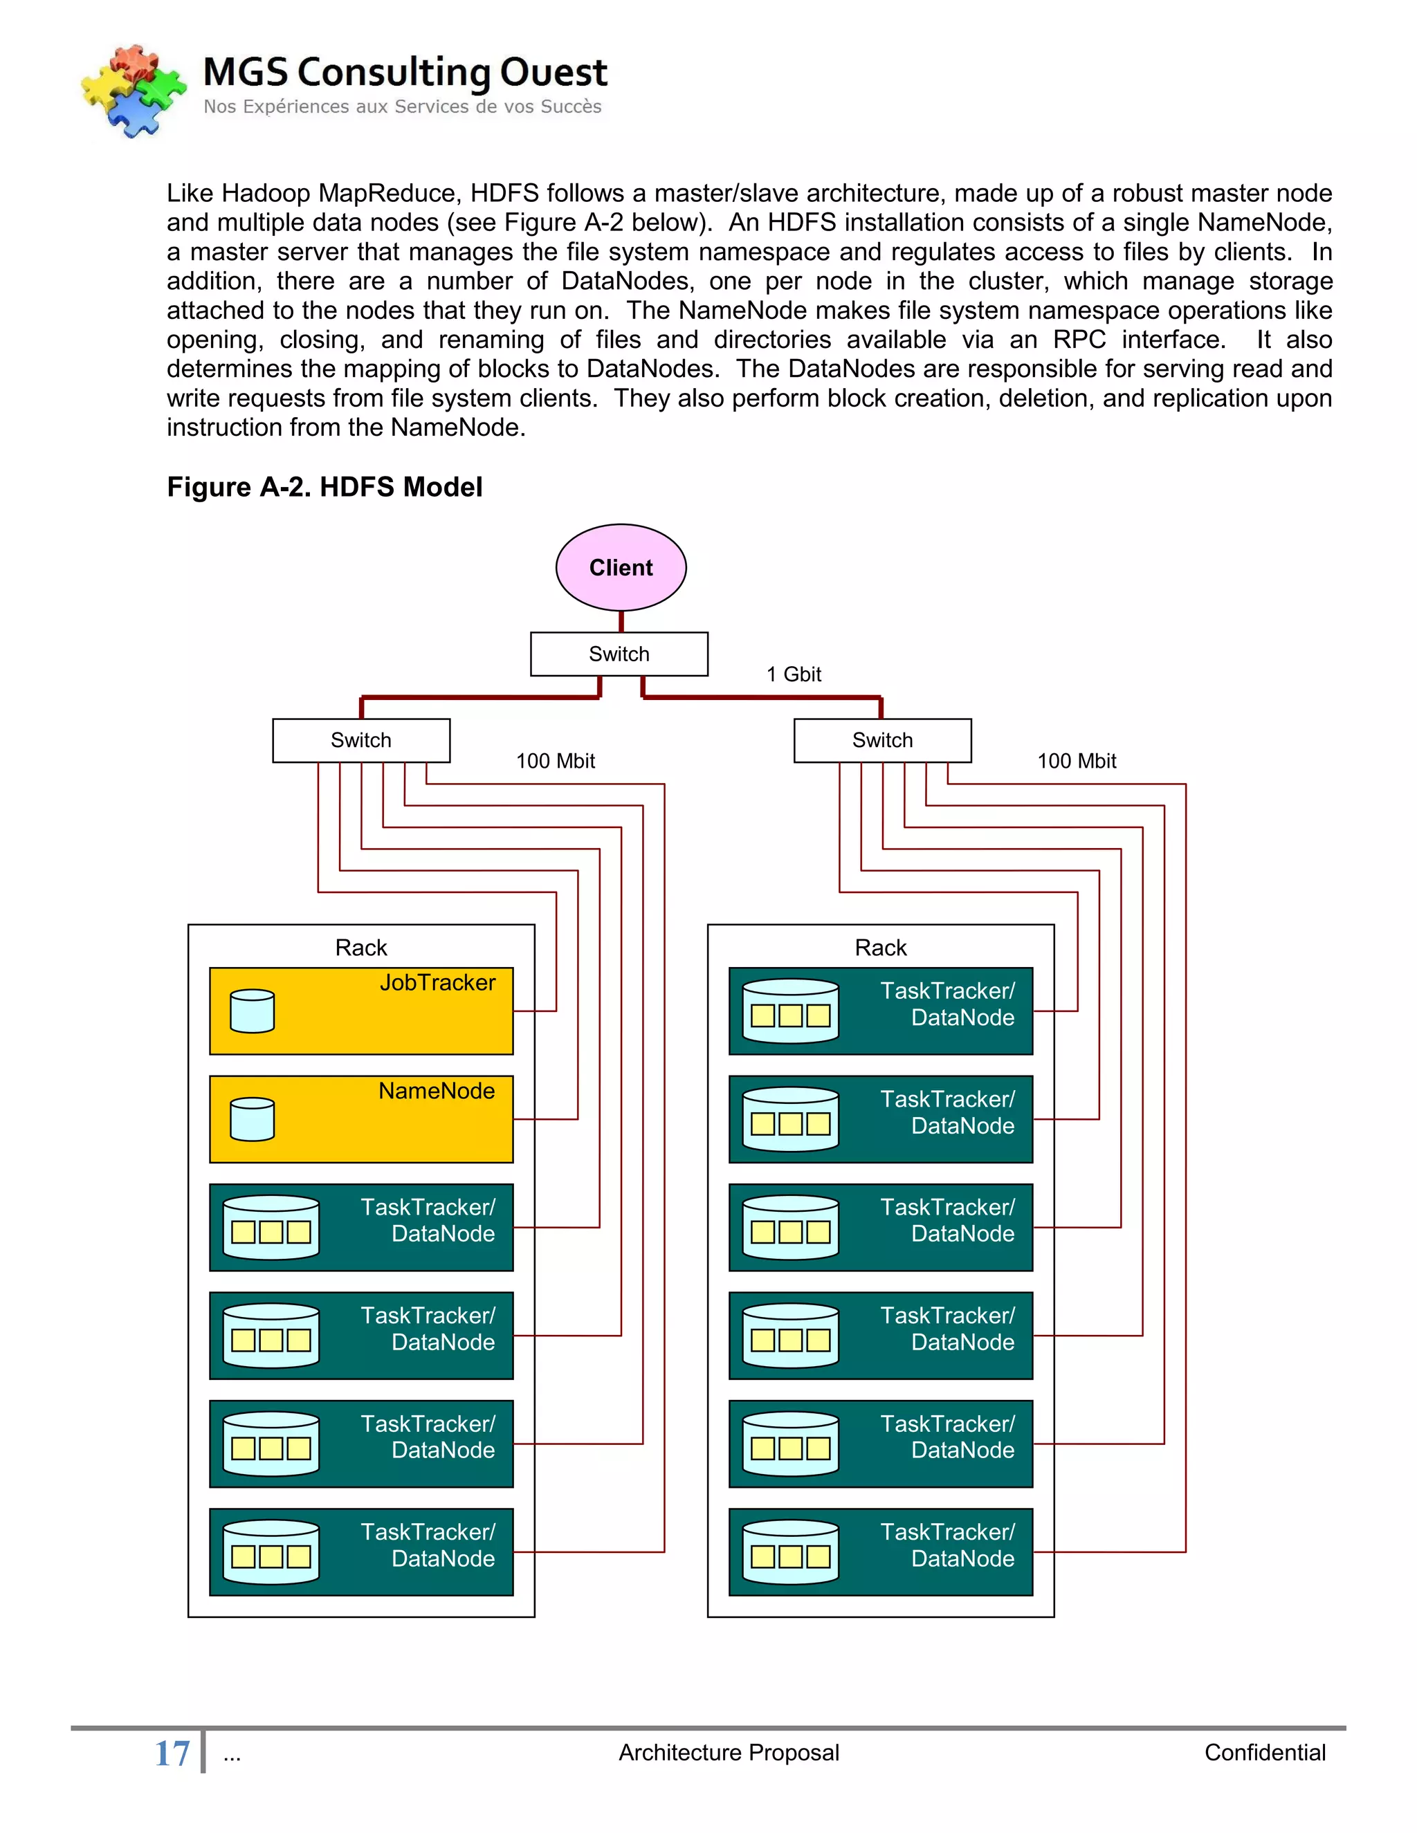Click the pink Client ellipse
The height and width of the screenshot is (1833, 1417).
[x=621, y=567]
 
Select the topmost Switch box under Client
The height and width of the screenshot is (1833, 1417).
[x=619, y=654]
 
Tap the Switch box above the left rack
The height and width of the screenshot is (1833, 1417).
[x=361, y=740]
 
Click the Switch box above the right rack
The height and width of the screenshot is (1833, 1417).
[x=882, y=740]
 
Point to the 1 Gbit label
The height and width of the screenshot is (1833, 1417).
[x=794, y=674]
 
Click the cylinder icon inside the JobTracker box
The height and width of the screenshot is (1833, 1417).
[x=252, y=1011]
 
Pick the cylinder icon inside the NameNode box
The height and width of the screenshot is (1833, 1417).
[x=252, y=1120]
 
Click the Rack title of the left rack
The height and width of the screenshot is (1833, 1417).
[x=361, y=948]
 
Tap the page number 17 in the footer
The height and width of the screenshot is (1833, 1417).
[x=172, y=1753]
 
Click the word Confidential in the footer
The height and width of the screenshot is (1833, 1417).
[x=1264, y=1753]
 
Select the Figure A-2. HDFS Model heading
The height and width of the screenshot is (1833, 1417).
[x=325, y=487]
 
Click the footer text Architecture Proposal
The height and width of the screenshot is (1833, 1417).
[x=729, y=1753]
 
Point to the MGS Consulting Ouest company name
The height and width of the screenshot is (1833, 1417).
[x=405, y=72]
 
